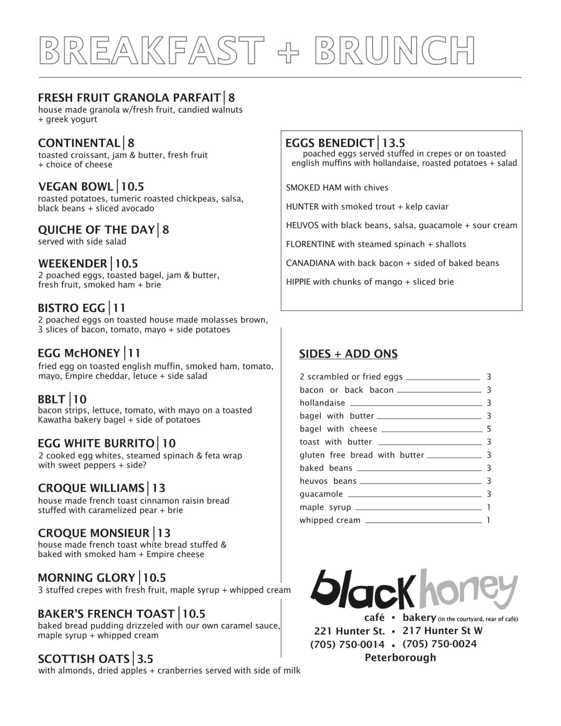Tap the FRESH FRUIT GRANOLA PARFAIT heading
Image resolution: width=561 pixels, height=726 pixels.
click(x=129, y=97)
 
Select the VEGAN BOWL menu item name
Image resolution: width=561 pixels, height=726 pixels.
click(x=76, y=186)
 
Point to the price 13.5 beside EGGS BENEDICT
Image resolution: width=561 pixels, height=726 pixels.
click(x=393, y=143)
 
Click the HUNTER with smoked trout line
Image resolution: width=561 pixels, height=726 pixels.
click(x=367, y=207)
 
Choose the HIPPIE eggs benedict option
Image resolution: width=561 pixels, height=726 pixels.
click(x=370, y=282)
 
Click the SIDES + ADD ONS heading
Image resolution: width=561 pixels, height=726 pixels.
click(x=348, y=354)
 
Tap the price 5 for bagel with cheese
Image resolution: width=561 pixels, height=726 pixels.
click(x=489, y=429)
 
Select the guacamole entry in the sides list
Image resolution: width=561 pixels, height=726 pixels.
click(x=321, y=494)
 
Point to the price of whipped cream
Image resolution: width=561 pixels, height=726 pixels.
click(x=489, y=520)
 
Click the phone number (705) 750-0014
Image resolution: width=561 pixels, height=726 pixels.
click(x=347, y=644)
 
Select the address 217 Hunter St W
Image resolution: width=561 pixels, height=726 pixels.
click(x=442, y=631)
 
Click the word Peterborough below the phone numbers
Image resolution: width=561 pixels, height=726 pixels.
click(x=400, y=657)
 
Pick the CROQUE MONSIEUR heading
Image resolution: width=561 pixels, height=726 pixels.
click(x=93, y=533)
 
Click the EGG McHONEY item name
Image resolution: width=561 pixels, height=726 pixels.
click(x=79, y=353)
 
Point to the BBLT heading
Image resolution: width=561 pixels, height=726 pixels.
click(x=51, y=399)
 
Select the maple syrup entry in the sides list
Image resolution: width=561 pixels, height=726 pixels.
click(x=325, y=507)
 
